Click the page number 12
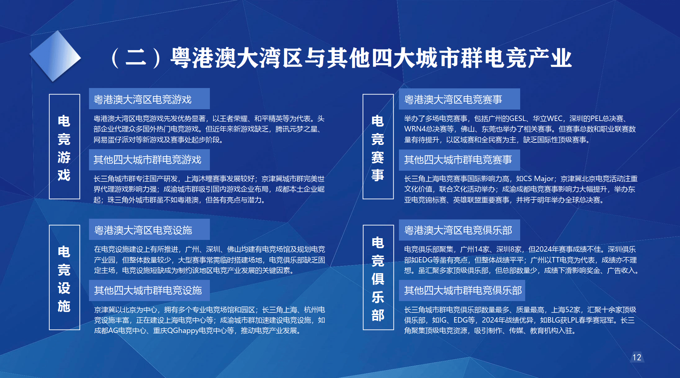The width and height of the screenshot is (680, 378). point(637,357)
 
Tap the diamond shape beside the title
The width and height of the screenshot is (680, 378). point(55,56)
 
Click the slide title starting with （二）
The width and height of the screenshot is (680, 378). point(341,58)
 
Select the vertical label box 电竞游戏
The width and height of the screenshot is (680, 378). point(64,146)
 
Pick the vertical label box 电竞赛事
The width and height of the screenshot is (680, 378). point(378,146)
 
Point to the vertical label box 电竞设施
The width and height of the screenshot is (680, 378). point(64,278)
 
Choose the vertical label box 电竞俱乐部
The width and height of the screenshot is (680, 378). point(378,278)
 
